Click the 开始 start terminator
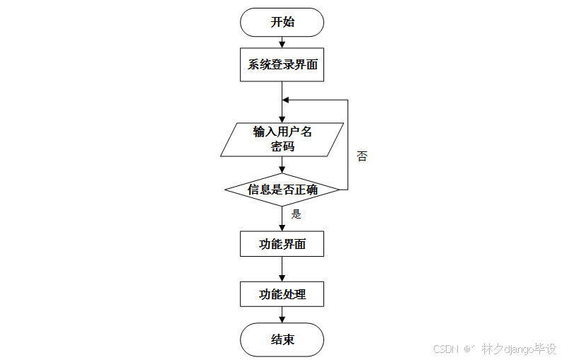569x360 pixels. point(282,22)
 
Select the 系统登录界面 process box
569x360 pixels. point(282,66)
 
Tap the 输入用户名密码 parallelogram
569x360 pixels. point(282,139)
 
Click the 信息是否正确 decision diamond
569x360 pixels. point(282,190)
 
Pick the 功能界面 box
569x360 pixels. point(282,244)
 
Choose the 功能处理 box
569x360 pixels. point(282,294)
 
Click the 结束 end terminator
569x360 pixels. point(282,340)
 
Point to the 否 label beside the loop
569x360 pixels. point(362,156)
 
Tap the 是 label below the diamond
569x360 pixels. point(297,214)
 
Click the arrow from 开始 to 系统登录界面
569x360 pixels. point(282,43)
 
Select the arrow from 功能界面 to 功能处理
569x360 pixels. point(282,269)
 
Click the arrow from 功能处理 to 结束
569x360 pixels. point(282,315)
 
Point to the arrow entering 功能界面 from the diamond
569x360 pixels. point(282,220)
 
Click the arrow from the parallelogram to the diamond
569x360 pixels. point(282,166)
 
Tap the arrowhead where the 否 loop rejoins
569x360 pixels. point(286,100)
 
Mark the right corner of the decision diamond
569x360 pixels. point(339,190)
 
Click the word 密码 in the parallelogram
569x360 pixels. point(282,147)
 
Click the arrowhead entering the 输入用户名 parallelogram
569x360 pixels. point(282,120)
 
